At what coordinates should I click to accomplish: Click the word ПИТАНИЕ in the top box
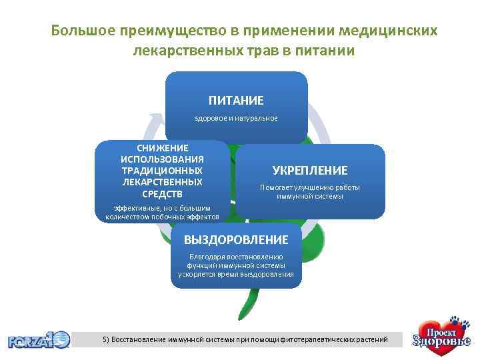(236, 101)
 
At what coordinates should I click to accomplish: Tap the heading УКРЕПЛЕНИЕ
(310, 171)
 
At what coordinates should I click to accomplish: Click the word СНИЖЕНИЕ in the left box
(163, 147)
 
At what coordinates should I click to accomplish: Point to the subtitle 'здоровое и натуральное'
(236, 118)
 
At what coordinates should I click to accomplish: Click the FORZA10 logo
(38, 340)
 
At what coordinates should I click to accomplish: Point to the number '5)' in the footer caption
(106, 339)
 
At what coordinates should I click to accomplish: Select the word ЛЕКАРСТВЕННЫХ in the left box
(163, 182)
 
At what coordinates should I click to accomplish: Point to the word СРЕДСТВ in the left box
(163, 194)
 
